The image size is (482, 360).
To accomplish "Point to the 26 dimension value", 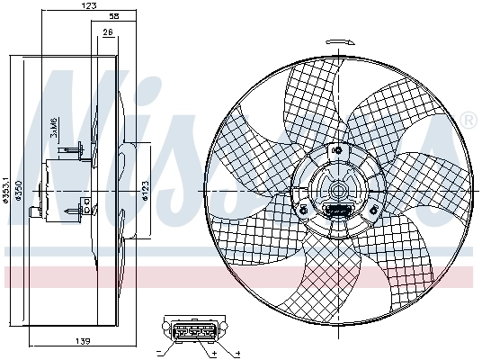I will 108,32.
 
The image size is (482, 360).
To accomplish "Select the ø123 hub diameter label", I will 143,191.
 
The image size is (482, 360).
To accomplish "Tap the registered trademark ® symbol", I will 469,119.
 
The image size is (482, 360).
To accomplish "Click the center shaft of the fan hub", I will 337,191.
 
